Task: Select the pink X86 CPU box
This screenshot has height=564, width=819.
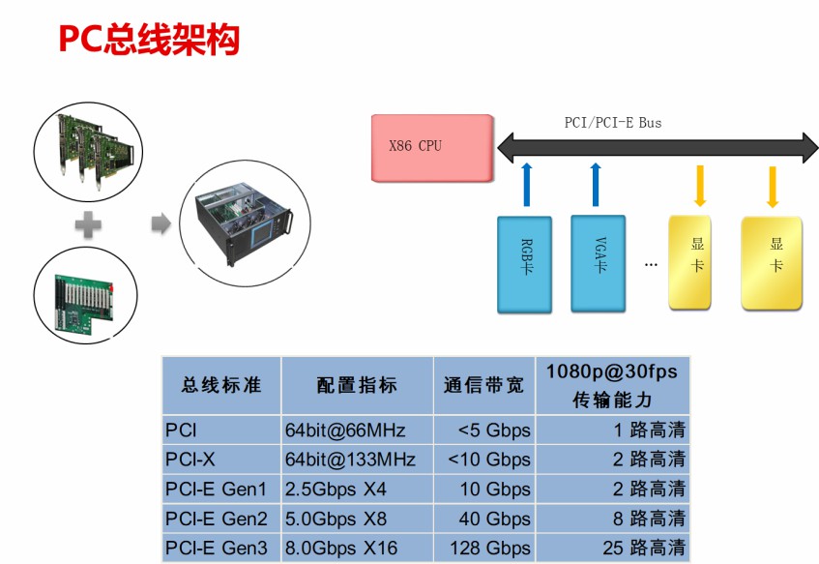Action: (431, 147)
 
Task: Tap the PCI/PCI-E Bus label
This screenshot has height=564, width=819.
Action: (613, 123)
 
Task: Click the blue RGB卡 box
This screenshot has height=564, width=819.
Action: (525, 264)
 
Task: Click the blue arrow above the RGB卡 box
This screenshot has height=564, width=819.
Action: (526, 184)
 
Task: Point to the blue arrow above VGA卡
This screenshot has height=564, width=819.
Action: (596, 184)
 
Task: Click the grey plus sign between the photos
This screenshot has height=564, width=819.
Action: (88, 225)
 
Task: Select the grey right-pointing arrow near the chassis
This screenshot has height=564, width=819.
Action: (161, 224)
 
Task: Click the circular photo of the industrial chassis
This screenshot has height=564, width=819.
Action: (246, 225)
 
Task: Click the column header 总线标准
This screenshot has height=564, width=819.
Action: (221, 384)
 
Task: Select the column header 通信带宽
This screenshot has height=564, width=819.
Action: (483, 384)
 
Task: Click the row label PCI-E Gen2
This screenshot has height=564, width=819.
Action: (217, 519)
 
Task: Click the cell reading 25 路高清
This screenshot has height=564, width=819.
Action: (644, 549)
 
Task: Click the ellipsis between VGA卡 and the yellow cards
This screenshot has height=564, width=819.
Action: (651, 264)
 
